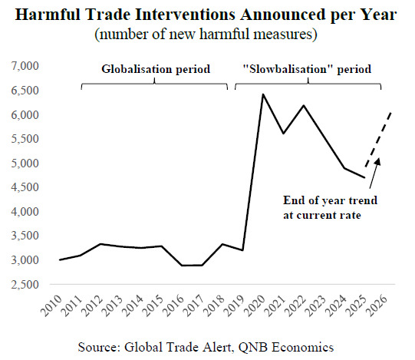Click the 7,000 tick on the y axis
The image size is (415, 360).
[25, 66]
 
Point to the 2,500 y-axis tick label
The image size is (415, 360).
[25, 285]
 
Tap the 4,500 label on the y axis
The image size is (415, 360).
[25, 187]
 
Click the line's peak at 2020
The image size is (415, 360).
[263, 94]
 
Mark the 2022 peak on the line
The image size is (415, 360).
[304, 105]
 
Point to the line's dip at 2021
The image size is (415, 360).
[283, 134]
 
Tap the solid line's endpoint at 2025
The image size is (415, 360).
[364, 177]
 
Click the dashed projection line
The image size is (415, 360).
[378, 140]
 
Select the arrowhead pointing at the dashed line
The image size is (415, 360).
[378, 161]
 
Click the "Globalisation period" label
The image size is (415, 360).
[156, 69]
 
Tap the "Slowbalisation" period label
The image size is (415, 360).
[307, 69]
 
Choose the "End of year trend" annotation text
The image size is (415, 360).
[331, 200]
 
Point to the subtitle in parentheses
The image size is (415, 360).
[206, 35]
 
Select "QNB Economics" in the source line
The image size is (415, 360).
[286, 347]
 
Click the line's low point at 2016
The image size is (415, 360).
[182, 265]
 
